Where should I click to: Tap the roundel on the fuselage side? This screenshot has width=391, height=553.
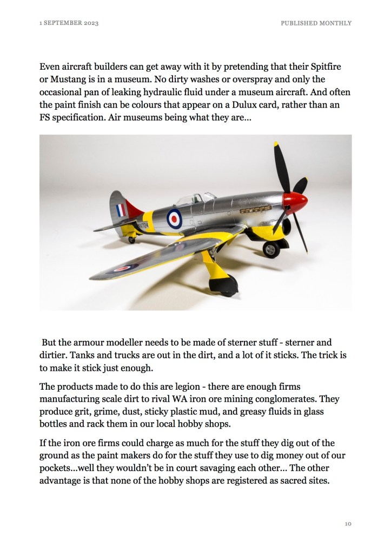click(x=174, y=218)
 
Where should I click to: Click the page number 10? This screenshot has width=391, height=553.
click(x=348, y=524)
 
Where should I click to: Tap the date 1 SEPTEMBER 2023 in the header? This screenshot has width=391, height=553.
click(x=69, y=23)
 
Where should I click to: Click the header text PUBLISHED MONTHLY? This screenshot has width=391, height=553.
click(x=316, y=23)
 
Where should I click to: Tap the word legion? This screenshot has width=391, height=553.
click(x=163, y=387)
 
